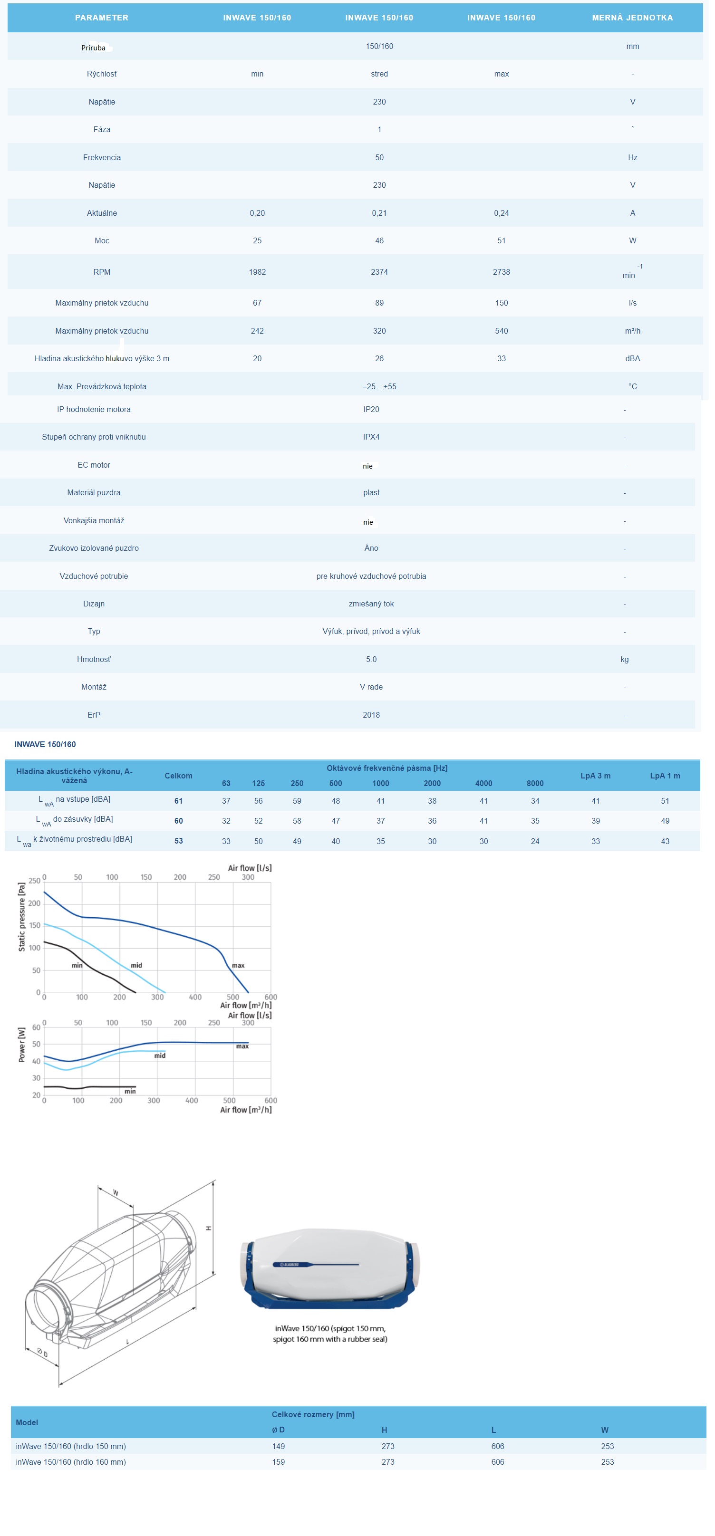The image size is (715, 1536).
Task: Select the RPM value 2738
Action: click(x=501, y=272)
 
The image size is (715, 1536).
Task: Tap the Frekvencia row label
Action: click(x=102, y=157)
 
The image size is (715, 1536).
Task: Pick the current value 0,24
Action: click(x=501, y=213)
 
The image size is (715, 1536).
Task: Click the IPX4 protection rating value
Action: click(x=371, y=437)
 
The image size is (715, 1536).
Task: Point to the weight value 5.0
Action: click(x=371, y=660)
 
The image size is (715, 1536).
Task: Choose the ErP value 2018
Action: click(x=371, y=715)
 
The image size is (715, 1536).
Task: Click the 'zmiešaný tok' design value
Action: click(x=371, y=604)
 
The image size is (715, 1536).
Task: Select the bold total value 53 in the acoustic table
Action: click(x=178, y=841)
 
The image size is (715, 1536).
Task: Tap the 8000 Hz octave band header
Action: click(x=535, y=784)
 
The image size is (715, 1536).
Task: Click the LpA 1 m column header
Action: click(x=665, y=776)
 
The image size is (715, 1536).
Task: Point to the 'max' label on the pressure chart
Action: click(x=238, y=965)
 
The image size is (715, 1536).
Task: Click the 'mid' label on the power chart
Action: click(x=160, y=1056)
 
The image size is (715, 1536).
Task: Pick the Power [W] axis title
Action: click(x=22, y=1045)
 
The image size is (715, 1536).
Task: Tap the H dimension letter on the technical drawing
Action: click(x=208, y=1229)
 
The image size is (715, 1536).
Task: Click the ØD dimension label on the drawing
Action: click(x=42, y=1353)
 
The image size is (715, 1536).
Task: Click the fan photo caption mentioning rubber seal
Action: click(x=330, y=1334)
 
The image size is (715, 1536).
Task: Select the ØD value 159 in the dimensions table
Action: click(x=279, y=1462)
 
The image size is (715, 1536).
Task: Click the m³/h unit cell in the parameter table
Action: click(x=632, y=331)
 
